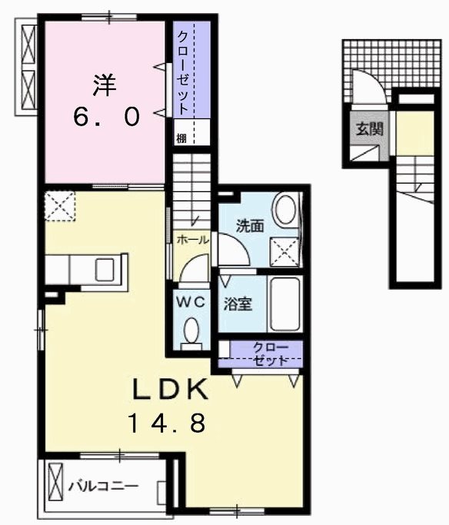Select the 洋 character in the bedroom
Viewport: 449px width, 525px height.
(x=105, y=85)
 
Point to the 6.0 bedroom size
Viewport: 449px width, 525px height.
(x=106, y=117)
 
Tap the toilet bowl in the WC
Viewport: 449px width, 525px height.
(x=192, y=332)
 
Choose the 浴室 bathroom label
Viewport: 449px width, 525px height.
(x=238, y=303)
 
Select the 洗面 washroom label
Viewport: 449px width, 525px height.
(x=250, y=226)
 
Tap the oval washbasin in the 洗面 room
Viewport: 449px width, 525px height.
(x=285, y=210)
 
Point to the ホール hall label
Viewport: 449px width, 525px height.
(x=191, y=240)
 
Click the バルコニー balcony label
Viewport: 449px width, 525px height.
(x=103, y=487)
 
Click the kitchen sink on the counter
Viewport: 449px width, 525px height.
(x=104, y=270)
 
